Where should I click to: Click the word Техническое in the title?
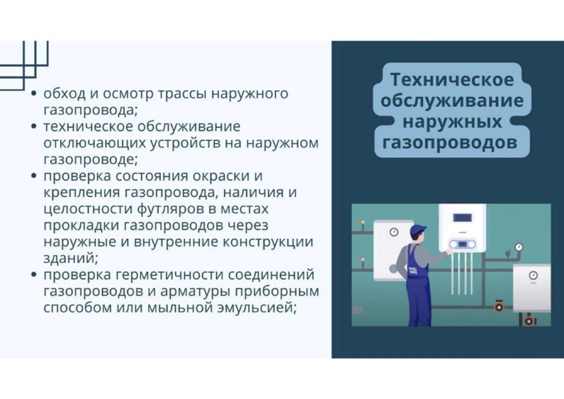coord(452,79)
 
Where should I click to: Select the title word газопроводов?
coord(449,143)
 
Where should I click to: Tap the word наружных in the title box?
coord(452,121)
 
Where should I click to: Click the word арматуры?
coord(195,292)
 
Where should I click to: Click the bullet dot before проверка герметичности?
coord(34,275)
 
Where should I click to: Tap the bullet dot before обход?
coord(34,93)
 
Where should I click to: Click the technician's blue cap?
coord(418,229)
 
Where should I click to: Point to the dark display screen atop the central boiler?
coord(462,218)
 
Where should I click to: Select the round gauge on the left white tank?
coord(394,232)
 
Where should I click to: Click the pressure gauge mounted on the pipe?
coord(518,247)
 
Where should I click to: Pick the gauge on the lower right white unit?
coord(533,276)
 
